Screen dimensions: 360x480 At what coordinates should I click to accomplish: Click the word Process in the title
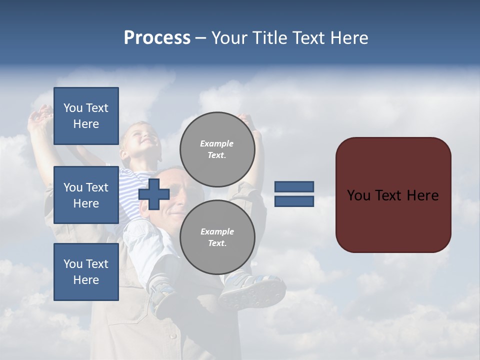(157, 38)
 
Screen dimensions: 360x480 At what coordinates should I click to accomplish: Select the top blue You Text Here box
(86, 116)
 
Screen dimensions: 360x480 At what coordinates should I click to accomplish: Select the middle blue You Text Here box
(86, 195)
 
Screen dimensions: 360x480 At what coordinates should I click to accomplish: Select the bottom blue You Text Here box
(86, 271)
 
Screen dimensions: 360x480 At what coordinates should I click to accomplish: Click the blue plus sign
(154, 194)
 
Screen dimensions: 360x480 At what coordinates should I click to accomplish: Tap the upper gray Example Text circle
(217, 149)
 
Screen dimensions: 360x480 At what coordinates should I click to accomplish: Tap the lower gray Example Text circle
(217, 237)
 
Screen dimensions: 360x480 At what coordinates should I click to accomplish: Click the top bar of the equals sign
(294, 187)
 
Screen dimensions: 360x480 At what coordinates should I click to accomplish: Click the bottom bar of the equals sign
(294, 201)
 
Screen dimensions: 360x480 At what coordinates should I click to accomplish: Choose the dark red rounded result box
(393, 195)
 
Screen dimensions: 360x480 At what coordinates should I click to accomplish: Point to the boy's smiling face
(142, 137)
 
